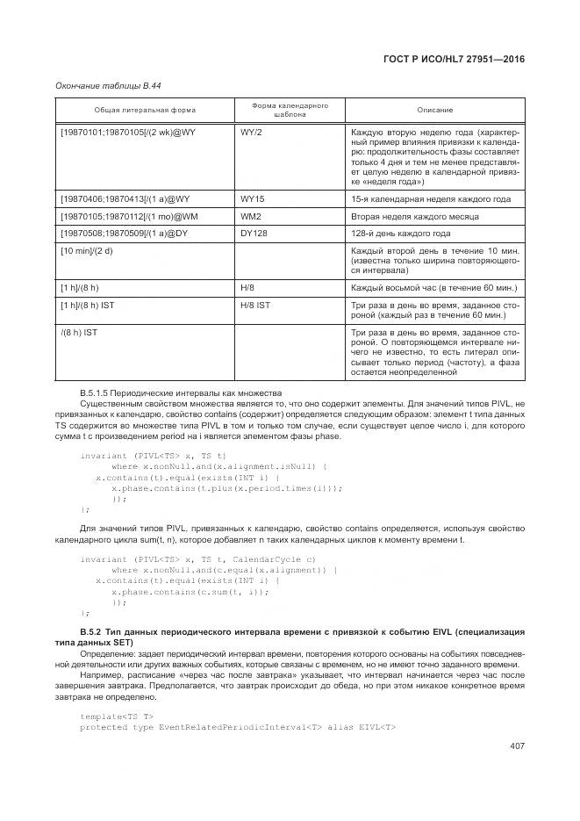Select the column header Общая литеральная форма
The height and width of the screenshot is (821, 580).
pos(146,110)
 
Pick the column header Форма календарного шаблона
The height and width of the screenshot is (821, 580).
pos(290,110)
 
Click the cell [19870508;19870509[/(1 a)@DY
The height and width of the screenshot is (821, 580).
pos(124,234)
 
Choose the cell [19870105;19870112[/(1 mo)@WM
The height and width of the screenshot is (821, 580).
pos(129,216)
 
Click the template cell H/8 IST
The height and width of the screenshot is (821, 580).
pos(257,304)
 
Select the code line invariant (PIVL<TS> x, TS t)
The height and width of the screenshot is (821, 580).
pos(153,456)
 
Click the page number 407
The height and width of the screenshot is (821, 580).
pos(515,746)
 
